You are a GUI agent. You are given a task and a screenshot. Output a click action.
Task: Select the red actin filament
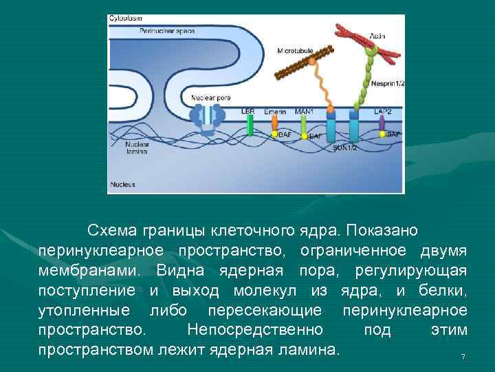364,41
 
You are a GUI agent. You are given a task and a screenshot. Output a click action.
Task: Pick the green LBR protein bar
250,125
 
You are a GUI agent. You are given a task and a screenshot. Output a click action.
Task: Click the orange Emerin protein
274,123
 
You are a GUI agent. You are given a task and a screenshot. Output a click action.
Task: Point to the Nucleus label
123,184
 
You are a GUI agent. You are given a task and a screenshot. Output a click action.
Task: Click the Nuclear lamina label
136,147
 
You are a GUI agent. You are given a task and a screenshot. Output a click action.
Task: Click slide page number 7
463,356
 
